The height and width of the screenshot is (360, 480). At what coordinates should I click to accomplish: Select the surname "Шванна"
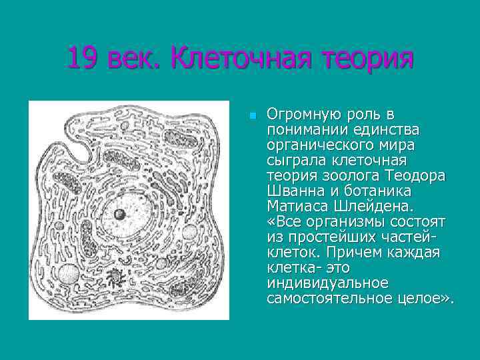point(293,191)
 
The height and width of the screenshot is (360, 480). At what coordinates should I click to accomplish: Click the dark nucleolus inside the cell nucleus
point(120,214)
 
